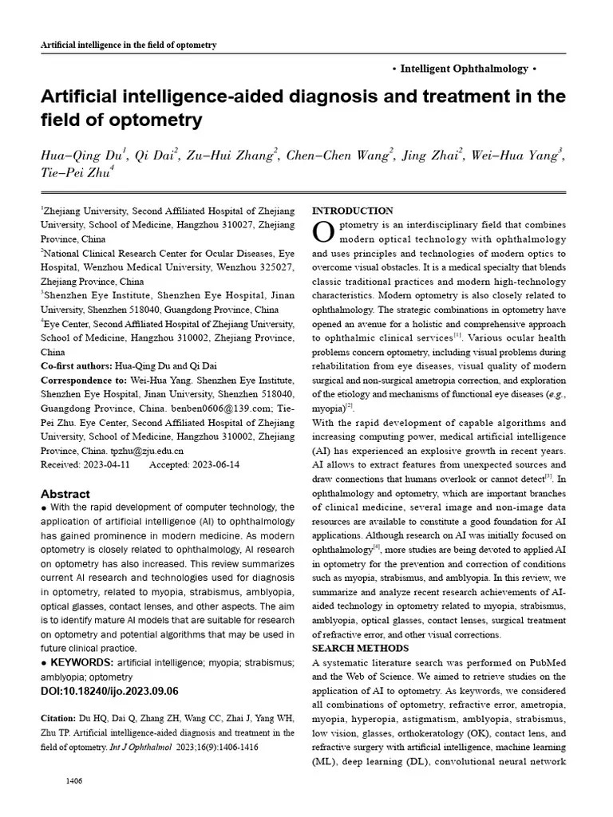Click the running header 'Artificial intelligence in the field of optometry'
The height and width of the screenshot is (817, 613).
(x=129, y=45)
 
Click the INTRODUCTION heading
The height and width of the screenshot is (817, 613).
(x=352, y=211)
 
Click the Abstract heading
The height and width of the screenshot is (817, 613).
(x=65, y=494)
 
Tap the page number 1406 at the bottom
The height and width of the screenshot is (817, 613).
(x=74, y=780)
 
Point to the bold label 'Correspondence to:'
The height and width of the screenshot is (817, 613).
(x=84, y=381)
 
